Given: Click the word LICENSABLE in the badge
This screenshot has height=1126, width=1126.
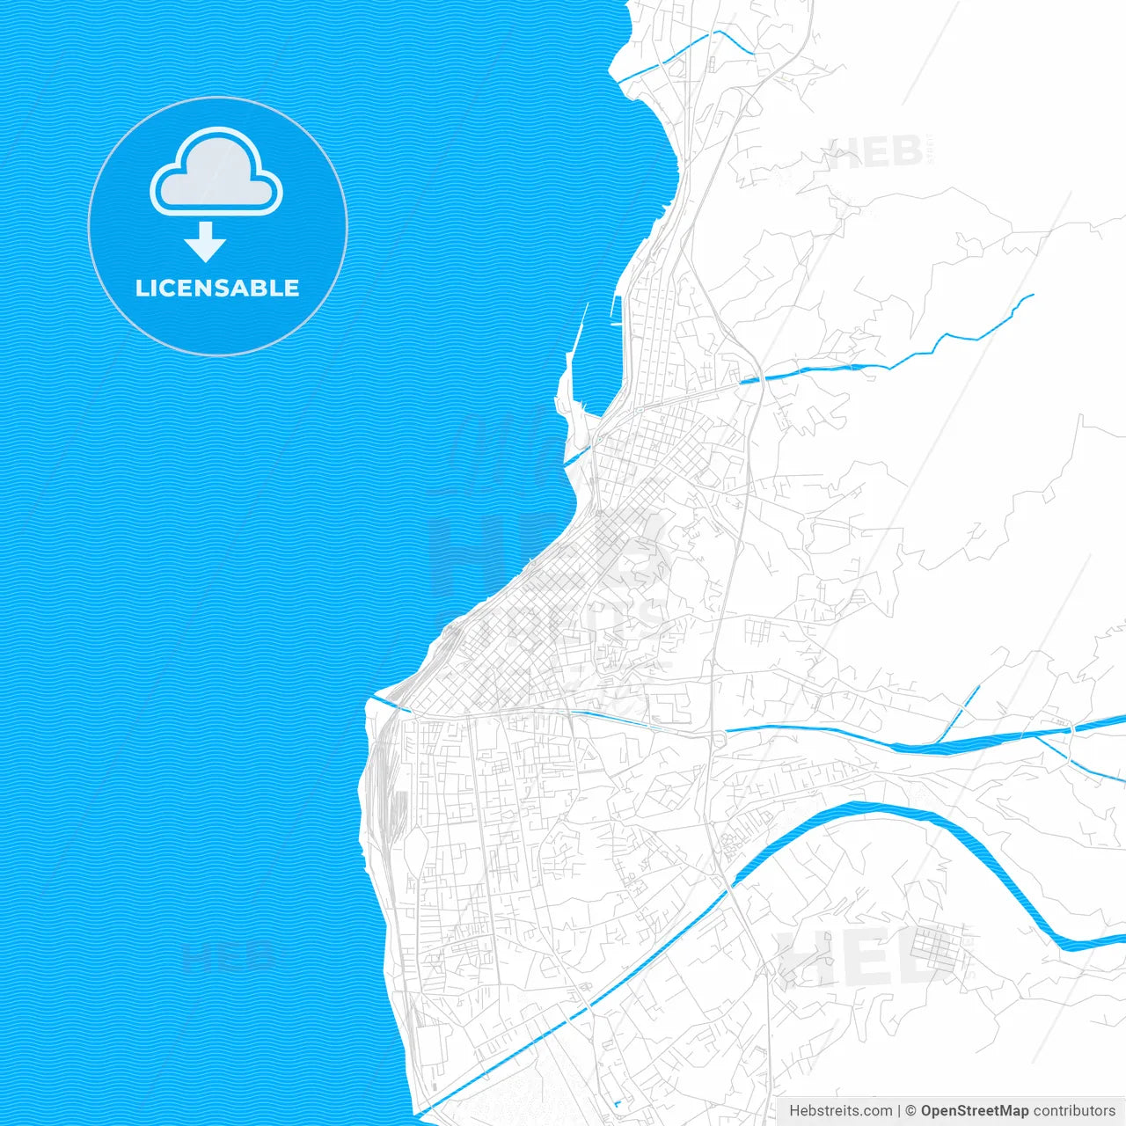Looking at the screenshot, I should click(x=217, y=288).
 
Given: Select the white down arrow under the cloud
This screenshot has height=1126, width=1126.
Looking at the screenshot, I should click(x=206, y=242).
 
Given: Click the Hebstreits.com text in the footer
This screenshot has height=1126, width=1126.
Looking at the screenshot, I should click(x=840, y=1111).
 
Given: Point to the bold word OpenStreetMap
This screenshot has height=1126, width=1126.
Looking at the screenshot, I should click(x=975, y=1111).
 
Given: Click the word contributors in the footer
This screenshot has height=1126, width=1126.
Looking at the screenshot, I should click(x=1074, y=1111).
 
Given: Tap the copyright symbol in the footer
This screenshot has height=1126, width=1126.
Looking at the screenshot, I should click(x=911, y=1111).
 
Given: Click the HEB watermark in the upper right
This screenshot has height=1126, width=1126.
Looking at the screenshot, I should click(x=875, y=154).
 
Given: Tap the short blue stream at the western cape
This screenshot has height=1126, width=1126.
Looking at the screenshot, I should click(x=387, y=703).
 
